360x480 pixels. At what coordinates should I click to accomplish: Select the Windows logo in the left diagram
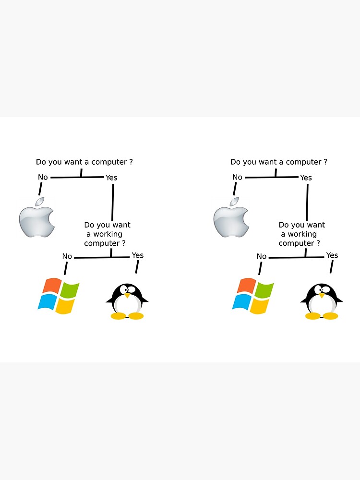click(59, 296)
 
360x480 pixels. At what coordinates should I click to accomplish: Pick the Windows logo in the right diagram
click(253, 296)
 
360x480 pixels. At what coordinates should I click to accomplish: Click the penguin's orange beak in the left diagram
click(127, 296)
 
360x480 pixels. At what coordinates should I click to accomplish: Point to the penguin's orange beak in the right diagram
click(322, 296)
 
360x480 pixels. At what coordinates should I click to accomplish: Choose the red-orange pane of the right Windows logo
click(246, 286)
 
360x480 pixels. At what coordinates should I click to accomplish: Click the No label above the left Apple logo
click(43, 177)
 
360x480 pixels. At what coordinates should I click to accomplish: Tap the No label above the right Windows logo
click(262, 256)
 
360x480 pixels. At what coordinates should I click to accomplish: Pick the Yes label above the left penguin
click(137, 255)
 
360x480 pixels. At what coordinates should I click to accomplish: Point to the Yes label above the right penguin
click(332, 255)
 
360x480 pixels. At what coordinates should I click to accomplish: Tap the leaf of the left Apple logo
click(39, 201)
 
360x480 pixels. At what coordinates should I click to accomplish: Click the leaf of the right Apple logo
click(234, 201)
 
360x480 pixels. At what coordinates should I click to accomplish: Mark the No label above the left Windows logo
click(67, 256)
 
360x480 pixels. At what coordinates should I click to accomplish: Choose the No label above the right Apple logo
click(237, 177)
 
